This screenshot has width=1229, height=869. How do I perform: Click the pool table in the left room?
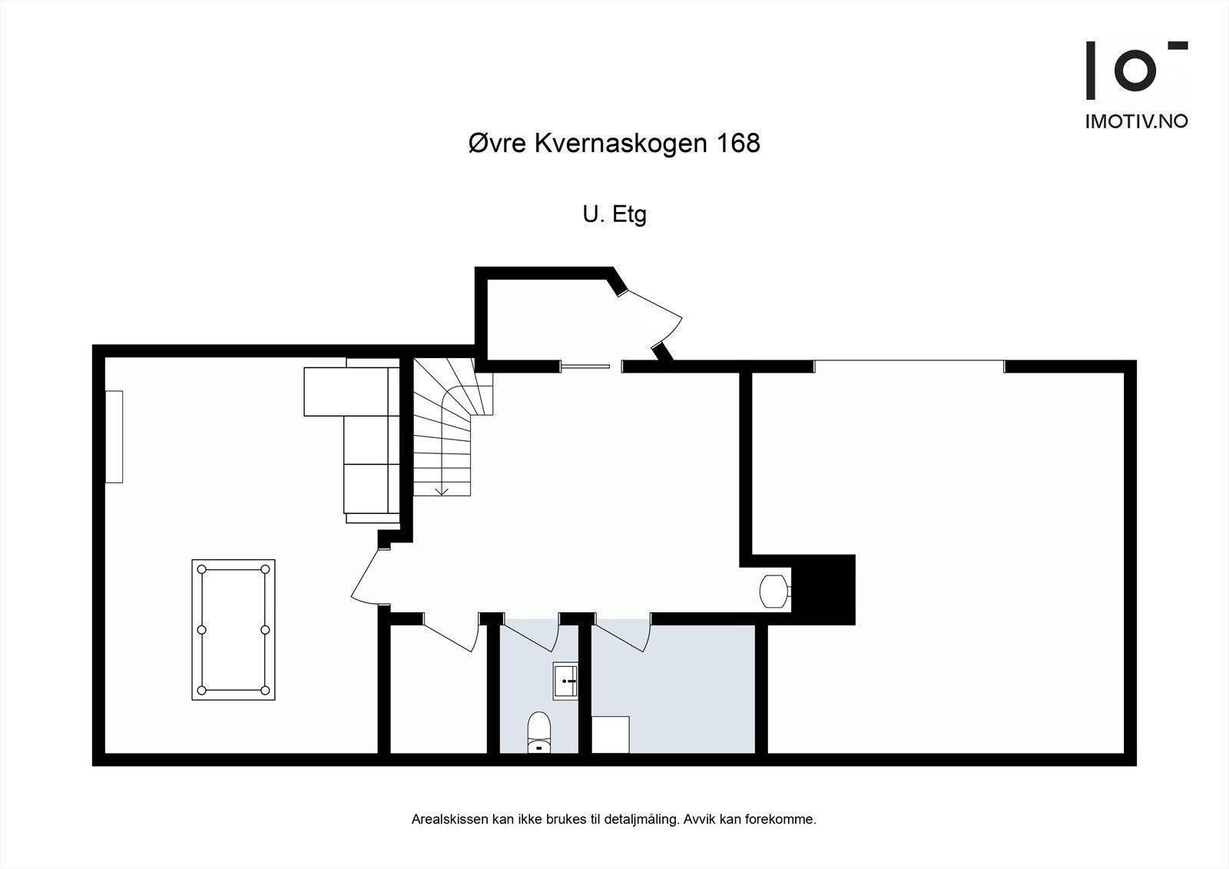(234, 629)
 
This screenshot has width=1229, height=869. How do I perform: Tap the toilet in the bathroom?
(539, 731)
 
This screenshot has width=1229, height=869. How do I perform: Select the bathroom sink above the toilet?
(565, 681)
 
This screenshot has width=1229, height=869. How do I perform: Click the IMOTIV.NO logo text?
(1136, 121)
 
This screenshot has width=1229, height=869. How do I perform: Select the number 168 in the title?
(737, 143)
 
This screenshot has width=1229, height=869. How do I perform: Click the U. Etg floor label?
(614, 214)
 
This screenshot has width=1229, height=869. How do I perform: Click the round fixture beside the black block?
(772, 591)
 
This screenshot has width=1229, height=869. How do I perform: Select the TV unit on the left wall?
(114, 436)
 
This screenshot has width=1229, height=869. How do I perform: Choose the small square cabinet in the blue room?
(611, 735)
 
